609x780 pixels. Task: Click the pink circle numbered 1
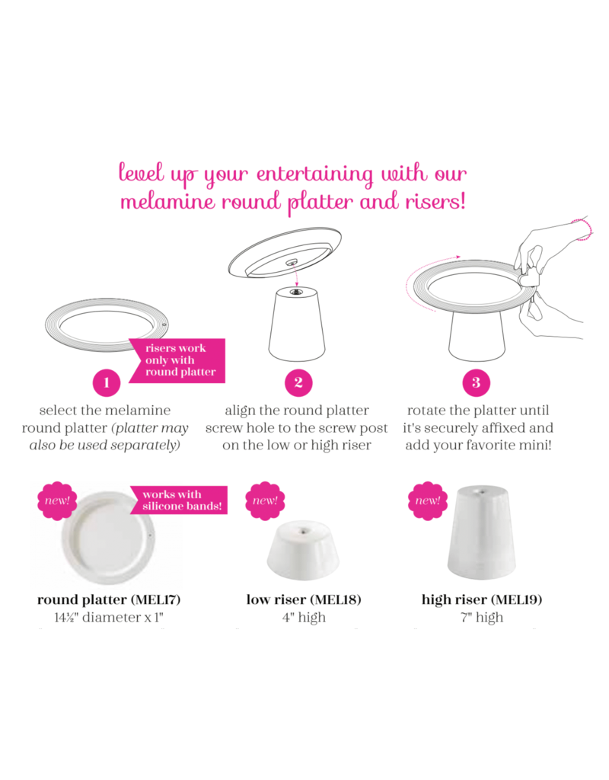coord(107,382)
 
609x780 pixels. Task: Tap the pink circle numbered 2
coord(298,382)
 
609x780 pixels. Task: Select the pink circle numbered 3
coord(477,382)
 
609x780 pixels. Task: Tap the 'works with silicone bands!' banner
coord(179,500)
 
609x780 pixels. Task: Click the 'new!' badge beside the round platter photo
coord(57,501)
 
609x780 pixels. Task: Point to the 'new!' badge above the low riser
coord(265,501)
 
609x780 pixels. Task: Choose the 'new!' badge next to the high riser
coord(428,501)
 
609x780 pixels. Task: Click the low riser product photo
coord(303,550)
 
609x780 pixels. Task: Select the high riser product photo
coord(481,532)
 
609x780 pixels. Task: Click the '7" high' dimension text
coord(482,617)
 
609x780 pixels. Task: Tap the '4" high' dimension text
coord(304,617)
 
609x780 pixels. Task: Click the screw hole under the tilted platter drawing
coord(291,262)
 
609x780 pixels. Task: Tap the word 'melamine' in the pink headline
coord(167,201)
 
